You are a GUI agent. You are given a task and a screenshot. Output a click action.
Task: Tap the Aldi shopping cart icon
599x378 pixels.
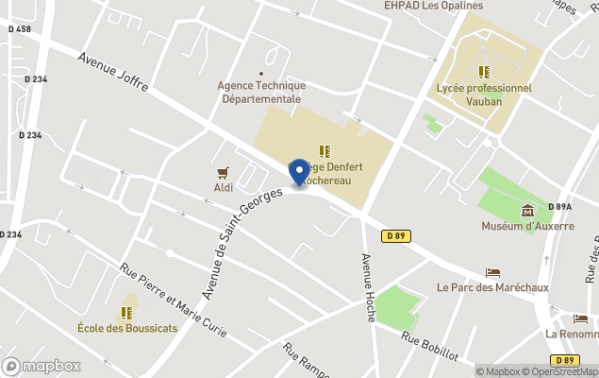pos(223,172)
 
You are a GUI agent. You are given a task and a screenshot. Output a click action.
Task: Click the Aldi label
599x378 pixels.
pos(223,187)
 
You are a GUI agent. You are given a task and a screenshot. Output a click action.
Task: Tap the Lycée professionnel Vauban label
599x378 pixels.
pos(485,94)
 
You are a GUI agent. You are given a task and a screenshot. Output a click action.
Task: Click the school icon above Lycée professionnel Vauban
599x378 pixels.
pos(484,72)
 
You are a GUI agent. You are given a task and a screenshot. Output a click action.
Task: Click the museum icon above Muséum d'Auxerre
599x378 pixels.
pos(526,210)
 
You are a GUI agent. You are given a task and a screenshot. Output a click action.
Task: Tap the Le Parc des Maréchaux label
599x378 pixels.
pos(492,287)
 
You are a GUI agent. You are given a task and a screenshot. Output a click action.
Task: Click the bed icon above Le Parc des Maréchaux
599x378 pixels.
pos(492,272)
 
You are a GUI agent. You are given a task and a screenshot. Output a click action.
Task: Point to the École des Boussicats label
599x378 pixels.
pos(126,328)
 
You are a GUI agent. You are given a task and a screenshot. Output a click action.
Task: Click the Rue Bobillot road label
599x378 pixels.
pos(429,347)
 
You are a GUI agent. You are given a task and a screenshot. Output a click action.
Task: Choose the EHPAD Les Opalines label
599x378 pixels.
pos(433,6)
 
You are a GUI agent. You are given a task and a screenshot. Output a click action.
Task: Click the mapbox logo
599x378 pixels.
pos(42,366)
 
